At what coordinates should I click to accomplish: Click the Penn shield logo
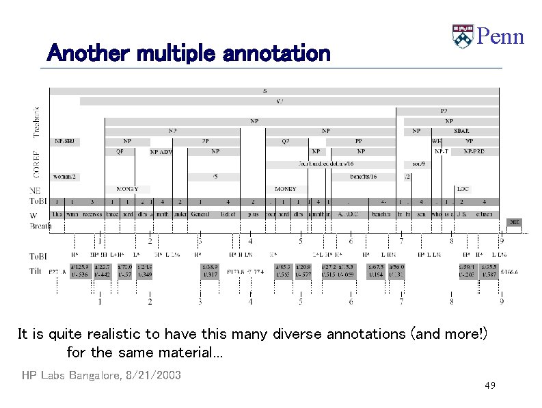click(463, 36)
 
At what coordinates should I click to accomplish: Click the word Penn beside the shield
click(500, 36)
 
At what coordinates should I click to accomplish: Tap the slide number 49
click(489, 386)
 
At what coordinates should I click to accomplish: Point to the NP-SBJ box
click(66, 142)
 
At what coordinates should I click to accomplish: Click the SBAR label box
click(461, 131)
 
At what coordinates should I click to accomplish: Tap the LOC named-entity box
click(463, 188)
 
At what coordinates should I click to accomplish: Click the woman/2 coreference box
click(66, 177)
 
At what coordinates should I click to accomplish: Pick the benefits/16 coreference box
click(362, 177)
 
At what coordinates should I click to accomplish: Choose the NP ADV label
click(162, 152)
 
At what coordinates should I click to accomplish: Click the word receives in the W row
click(92, 214)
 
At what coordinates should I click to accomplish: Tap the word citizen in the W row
click(481, 214)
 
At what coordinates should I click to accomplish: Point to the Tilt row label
click(35, 271)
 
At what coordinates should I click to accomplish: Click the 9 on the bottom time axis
click(502, 301)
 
